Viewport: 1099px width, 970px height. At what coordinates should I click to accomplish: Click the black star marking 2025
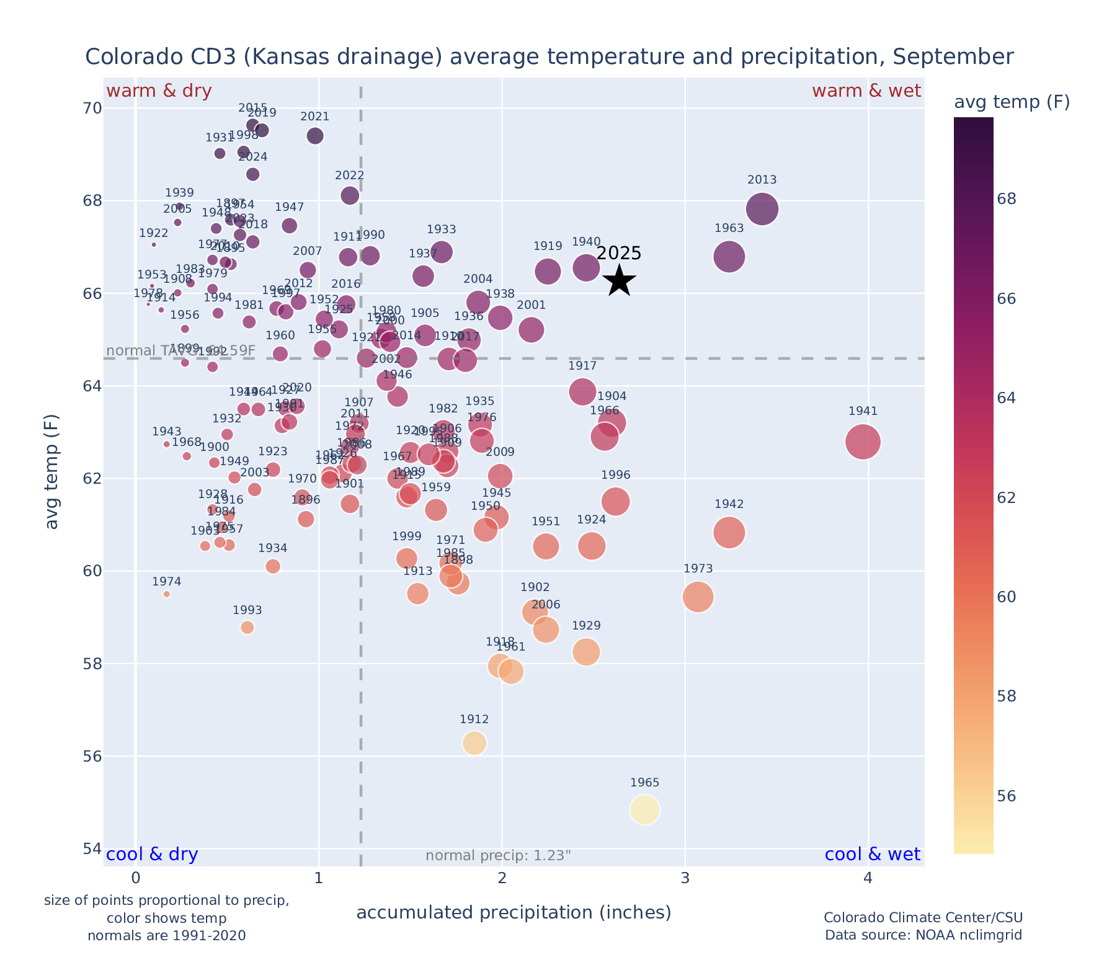tap(619, 282)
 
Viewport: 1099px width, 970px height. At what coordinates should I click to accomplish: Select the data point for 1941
tap(863, 442)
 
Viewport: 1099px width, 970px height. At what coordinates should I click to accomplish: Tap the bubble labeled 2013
tap(762, 209)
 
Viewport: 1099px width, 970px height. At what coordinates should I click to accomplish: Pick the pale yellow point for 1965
tap(644, 810)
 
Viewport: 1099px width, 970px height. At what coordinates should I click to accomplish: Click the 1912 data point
tap(474, 743)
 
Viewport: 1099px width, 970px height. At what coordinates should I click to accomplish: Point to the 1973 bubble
tap(698, 597)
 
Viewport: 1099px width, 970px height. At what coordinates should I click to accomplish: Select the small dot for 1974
tap(166, 594)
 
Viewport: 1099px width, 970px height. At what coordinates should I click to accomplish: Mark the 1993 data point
tap(247, 628)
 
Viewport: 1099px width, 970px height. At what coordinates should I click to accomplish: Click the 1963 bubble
tap(729, 257)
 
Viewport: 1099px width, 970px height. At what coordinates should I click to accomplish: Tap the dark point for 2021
tap(315, 136)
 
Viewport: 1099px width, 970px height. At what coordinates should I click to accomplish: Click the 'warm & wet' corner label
tap(866, 91)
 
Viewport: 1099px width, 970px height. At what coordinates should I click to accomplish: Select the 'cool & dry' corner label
tap(152, 855)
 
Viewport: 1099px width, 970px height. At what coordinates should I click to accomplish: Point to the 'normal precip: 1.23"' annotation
tap(498, 856)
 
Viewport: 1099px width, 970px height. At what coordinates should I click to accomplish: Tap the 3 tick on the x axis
tap(685, 878)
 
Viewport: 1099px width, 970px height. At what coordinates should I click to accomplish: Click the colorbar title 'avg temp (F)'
tap(1012, 102)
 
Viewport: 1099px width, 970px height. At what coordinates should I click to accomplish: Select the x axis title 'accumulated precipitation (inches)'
tap(514, 912)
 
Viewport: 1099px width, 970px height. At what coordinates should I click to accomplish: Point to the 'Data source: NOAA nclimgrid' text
tap(923, 935)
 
